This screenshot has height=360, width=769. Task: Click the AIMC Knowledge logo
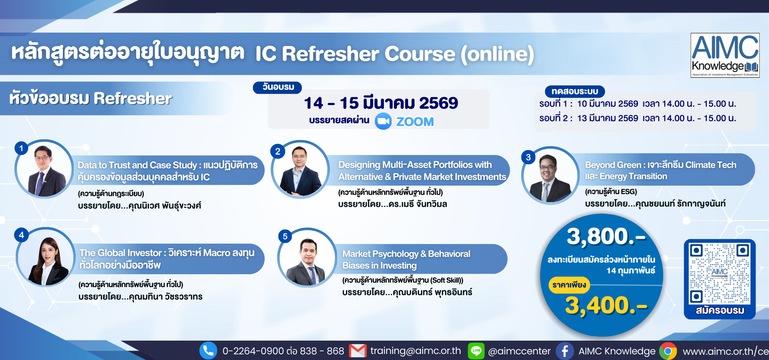tap(725, 55)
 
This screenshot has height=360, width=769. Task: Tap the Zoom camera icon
tap(383, 121)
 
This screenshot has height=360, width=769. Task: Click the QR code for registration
tap(719, 273)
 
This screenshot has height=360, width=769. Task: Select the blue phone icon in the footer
tap(208, 351)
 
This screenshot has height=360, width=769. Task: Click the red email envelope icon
tap(358, 351)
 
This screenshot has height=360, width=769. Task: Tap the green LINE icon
tap(477, 351)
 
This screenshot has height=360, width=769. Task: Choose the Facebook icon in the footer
tap(565, 351)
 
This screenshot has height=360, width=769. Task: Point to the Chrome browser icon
tap(668, 351)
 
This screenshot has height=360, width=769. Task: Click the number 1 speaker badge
tap(21, 148)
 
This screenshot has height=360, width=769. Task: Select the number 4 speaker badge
tap(21, 235)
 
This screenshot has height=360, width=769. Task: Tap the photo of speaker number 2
tap(301, 170)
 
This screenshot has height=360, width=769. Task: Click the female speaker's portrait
tap(46, 257)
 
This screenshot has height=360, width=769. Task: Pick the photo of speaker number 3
tap(551, 176)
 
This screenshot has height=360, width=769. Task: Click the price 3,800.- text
tap(606, 236)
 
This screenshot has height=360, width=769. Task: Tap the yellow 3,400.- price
tap(606, 305)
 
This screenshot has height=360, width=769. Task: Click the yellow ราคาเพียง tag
tap(569, 285)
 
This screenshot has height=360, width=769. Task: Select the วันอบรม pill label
tap(278, 87)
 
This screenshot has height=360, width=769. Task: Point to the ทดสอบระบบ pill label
tap(575, 91)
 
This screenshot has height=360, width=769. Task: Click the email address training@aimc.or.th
tap(416, 351)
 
